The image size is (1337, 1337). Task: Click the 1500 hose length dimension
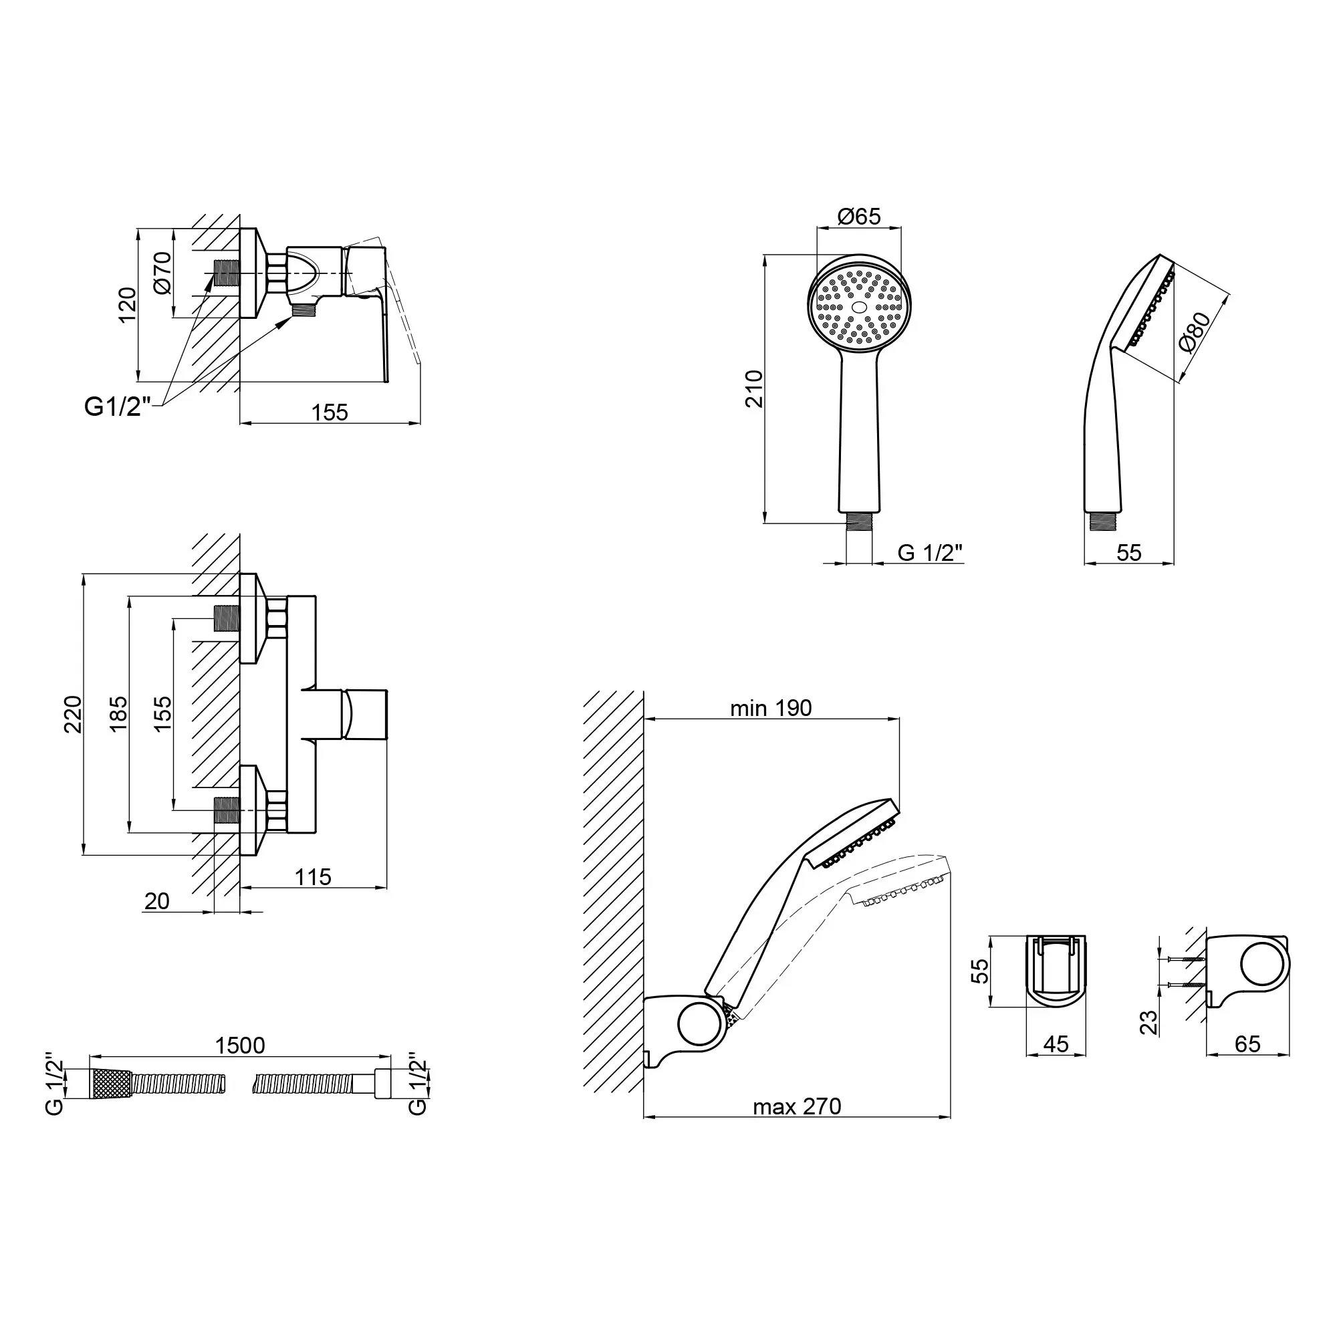click(239, 1045)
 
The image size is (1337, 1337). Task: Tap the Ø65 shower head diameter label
click(859, 217)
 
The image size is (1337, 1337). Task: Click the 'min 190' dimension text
click(771, 708)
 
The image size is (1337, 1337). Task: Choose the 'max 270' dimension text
click(797, 1106)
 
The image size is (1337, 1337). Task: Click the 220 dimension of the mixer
click(73, 714)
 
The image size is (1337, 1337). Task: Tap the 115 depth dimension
click(313, 878)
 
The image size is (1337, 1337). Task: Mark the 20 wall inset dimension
click(157, 901)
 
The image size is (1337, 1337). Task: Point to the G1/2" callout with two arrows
click(118, 406)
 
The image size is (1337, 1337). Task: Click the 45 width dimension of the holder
click(1056, 1044)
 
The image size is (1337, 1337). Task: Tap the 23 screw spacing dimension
click(1148, 1021)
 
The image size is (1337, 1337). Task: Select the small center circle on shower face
click(859, 307)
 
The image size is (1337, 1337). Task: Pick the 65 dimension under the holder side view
click(1247, 1044)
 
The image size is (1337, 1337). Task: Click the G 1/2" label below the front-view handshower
click(930, 552)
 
